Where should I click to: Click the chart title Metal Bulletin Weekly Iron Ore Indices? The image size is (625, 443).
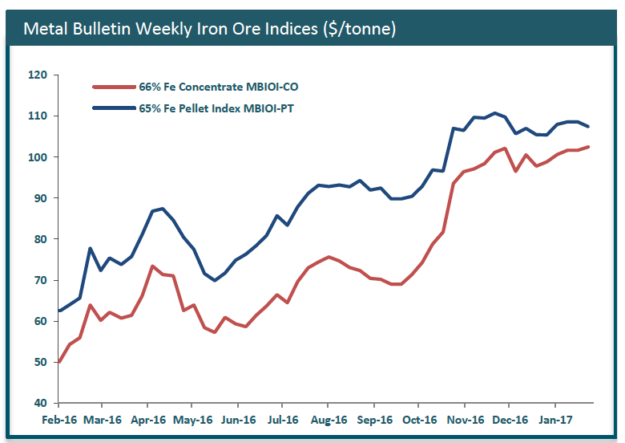(x=210, y=29)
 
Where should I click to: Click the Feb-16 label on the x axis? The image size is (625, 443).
(x=59, y=420)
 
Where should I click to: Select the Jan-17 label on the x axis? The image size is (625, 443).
(x=554, y=420)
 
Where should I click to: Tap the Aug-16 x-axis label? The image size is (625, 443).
(x=329, y=420)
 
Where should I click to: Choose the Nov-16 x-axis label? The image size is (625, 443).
(x=465, y=420)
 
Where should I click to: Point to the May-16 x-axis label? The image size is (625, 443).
(x=193, y=420)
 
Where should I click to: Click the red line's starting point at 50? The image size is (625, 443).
(x=59, y=362)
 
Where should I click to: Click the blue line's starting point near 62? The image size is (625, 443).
(x=59, y=311)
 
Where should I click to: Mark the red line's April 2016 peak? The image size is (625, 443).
(x=152, y=266)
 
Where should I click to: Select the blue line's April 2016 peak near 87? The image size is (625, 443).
(x=163, y=209)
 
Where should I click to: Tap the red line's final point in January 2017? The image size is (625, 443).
(x=589, y=147)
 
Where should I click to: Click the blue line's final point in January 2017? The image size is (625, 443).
(x=589, y=126)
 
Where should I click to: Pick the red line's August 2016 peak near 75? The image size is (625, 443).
(x=329, y=257)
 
